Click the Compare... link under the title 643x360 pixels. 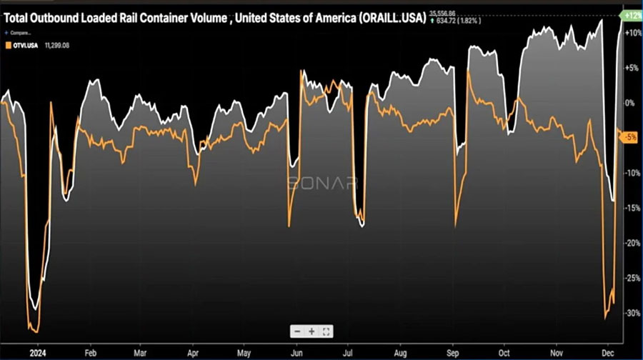19,32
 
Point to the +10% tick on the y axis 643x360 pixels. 632,33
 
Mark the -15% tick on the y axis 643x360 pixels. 632,208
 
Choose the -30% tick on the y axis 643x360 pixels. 632,313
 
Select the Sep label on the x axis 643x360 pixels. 453,352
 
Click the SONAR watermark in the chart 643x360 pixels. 322,183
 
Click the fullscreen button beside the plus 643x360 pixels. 326,331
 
